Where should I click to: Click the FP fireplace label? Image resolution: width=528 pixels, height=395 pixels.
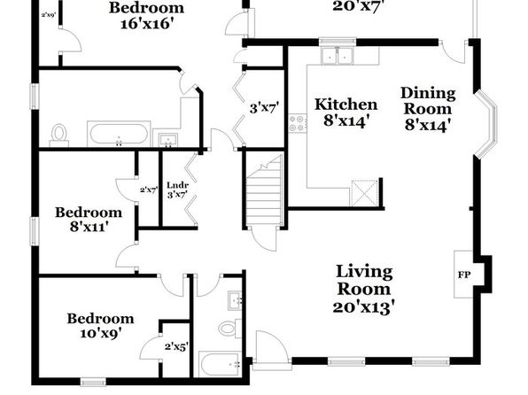click(x=463, y=275)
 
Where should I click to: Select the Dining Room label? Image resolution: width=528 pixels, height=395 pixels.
click(x=428, y=101)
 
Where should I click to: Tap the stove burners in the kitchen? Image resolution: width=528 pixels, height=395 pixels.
click(x=298, y=123)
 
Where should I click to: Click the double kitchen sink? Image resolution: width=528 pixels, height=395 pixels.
click(x=337, y=56)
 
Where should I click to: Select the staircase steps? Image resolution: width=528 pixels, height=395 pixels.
click(x=264, y=190)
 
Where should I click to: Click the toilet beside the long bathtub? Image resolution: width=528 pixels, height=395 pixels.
click(x=59, y=135)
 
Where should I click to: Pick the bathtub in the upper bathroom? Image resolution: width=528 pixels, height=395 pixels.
click(x=119, y=134)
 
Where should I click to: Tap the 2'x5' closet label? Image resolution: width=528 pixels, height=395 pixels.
click(x=176, y=347)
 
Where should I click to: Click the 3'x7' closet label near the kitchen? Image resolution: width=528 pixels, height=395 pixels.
click(x=264, y=108)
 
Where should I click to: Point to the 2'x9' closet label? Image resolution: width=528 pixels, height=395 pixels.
click(x=49, y=15)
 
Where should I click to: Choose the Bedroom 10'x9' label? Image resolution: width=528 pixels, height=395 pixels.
click(x=100, y=326)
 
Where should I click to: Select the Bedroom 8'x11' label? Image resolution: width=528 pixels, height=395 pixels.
click(x=89, y=220)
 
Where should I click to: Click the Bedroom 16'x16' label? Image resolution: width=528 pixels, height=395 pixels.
click(x=146, y=16)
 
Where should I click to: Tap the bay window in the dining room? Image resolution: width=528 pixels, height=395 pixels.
click(x=486, y=124)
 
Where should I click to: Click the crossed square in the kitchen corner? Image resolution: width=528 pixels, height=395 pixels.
click(x=364, y=193)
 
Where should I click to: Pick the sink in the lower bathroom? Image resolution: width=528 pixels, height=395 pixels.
click(x=236, y=301)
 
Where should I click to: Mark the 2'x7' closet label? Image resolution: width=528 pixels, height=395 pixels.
click(x=149, y=190)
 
